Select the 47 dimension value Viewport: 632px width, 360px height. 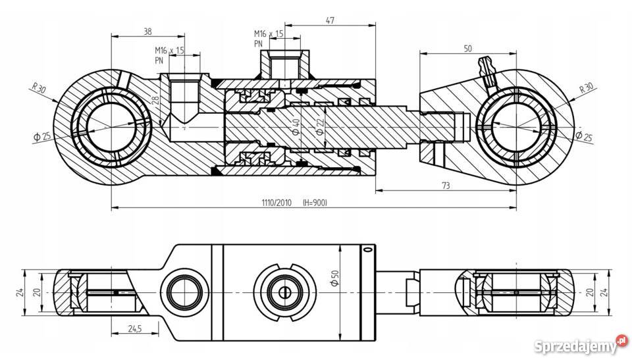tap(330, 20)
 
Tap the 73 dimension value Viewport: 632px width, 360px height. tap(446, 186)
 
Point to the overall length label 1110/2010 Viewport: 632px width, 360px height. tap(275, 203)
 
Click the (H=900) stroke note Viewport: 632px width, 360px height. tap(314, 203)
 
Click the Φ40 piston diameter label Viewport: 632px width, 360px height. tap(296, 126)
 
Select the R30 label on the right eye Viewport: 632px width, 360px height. tap(586, 88)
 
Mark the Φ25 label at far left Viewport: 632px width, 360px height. tap(41, 136)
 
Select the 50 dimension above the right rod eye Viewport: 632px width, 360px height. tap(468, 49)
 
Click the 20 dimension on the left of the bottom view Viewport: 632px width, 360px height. tap(37, 291)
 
